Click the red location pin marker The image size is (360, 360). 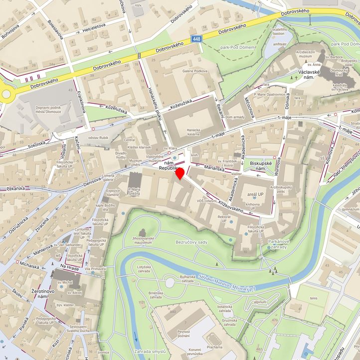coord(180,173)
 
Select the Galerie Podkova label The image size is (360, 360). coord(194,71)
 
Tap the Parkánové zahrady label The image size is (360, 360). coord(278,244)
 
